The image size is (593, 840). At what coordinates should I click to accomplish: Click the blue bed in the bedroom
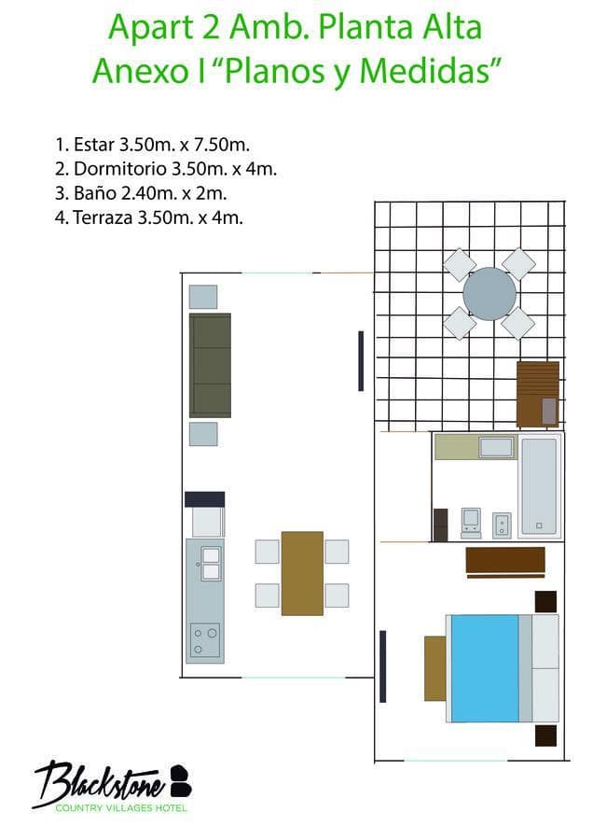(485, 667)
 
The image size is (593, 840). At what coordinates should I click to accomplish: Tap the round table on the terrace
(490, 294)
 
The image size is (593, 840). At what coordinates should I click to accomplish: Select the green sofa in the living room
(210, 365)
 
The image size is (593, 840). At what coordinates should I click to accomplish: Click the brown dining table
(302, 573)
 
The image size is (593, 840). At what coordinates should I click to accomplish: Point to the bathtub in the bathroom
(539, 486)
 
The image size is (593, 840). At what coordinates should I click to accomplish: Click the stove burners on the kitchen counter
(204, 640)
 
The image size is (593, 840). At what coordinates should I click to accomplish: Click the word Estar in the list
(93, 145)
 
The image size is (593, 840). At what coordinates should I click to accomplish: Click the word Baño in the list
(92, 194)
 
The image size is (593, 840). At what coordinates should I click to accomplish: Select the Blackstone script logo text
(101, 780)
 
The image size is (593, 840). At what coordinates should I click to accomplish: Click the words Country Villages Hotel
(121, 807)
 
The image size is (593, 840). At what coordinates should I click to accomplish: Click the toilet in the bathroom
(472, 523)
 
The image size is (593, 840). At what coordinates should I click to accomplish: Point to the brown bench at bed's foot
(434, 667)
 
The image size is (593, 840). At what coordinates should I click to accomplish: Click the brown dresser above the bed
(505, 561)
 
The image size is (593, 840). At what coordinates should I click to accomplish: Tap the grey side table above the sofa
(203, 297)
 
